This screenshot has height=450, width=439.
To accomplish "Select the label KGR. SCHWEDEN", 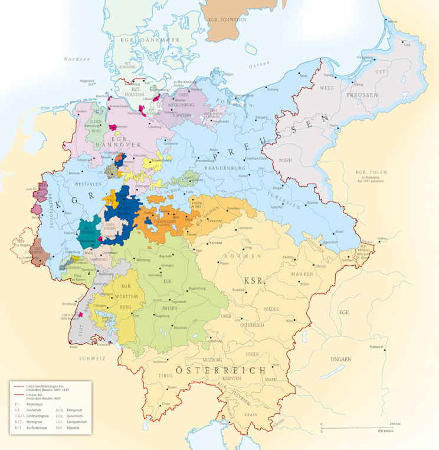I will [x=227, y=19].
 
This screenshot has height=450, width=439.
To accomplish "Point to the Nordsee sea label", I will [x=76, y=59].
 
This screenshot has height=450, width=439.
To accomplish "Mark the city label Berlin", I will [x=214, y=150].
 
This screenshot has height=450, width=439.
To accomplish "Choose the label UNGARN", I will [x=340, y=358].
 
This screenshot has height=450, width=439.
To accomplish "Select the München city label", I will [x=181, y=328].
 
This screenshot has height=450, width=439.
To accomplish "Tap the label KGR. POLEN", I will [x=370, y=172].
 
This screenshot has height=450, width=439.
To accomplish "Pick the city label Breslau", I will [x=313, y=203].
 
